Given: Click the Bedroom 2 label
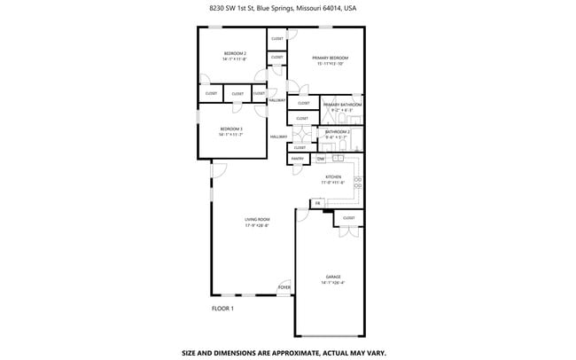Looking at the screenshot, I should tap(234, 54).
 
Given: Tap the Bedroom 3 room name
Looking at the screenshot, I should tap(231, 129).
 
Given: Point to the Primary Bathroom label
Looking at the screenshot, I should tap(341, 105).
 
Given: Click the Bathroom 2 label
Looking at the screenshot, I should tap(338, 131).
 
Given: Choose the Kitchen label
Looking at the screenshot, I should tap(333, 176).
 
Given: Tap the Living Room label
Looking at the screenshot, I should tap(257, 219).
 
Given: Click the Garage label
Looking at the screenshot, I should tap(333, 277).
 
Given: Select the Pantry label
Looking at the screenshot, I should tap(297, 159).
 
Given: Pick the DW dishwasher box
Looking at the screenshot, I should tap(321, 159).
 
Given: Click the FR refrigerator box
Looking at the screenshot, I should tap(317, 204).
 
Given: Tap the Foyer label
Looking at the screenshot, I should tap(284, 287).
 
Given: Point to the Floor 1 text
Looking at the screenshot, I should tap(222, 309).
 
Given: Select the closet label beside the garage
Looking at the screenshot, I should tap(348, 217).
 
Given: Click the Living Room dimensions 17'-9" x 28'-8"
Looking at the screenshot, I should tap(257, 226).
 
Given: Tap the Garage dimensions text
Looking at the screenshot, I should tap(333, 284).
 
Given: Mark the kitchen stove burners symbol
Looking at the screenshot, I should tap(358, 183).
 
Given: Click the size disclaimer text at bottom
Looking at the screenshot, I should tap(284, 351).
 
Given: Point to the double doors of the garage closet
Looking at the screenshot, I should tap(348, 232).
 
